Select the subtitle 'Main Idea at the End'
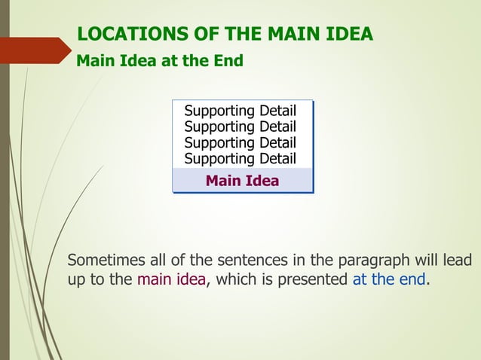(160, 61)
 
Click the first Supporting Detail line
(240, 111)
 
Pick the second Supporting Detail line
(240, 127)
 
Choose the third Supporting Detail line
(240, 142)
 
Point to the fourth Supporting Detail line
(240, 158)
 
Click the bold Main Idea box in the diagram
(242, 181)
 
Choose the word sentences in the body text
(252, 261)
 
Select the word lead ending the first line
(457, 261)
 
